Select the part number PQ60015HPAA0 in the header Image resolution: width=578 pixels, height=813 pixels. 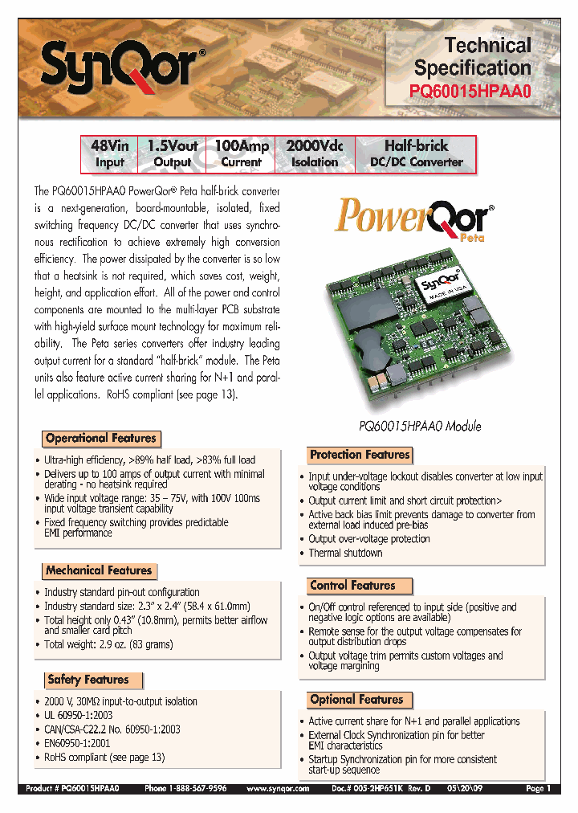click(x=471, y=92)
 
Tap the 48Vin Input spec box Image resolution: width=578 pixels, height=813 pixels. click(x=109, y=153)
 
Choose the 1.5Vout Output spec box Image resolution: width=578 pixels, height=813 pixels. click(x=173, y=153)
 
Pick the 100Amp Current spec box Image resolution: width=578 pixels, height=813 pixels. click(x=241, y=153)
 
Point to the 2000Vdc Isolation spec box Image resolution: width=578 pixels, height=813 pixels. click(x=314, y=153)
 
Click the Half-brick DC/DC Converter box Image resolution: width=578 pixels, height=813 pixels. click(x=415, y=153)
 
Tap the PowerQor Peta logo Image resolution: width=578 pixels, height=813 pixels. click(x=413, y=219)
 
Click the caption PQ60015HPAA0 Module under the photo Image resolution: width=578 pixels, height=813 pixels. click(x=419, y=426)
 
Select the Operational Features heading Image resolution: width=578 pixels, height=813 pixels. click(x=101, y=439)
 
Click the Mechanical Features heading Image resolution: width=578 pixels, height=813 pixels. click(x=99, y=570)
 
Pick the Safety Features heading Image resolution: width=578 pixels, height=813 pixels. click(x=88, y=680)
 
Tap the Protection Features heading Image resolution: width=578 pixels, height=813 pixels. click(x=360, y=455)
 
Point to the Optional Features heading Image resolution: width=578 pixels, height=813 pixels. click(x=356, y=700)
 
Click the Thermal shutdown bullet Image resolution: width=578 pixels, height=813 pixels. click(x=345, y=553)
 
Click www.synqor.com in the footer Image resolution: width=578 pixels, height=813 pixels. click(x=278, y=789)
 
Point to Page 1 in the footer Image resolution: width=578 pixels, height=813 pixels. click(x=538, y=789)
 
